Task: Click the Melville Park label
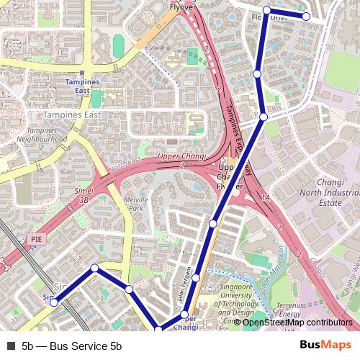[135, 204]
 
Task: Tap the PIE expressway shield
[37, 237]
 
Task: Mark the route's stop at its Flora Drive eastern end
[306, 16]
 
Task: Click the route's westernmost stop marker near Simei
[54, 302]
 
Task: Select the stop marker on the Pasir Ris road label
[264, 117]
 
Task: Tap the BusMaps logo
[325, 346]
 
